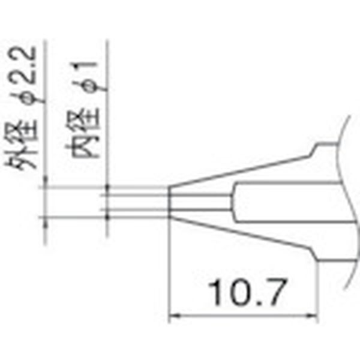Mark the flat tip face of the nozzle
pos(170,201)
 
